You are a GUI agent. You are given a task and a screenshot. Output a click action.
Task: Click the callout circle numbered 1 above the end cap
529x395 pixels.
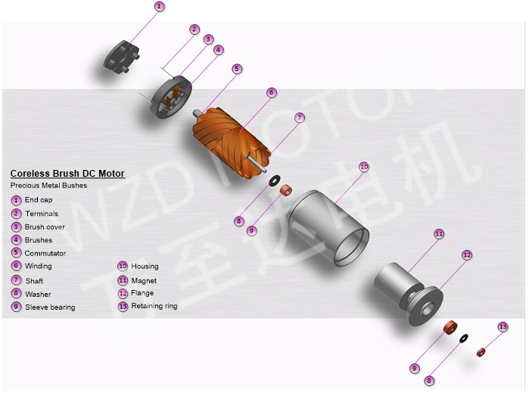coord(159,7)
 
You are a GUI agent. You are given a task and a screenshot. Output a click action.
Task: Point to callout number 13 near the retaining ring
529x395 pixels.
coord(503,326)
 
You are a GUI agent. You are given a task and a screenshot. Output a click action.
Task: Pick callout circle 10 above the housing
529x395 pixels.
coord(364,167)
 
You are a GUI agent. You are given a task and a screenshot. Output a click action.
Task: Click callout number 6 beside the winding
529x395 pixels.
coord(271,92)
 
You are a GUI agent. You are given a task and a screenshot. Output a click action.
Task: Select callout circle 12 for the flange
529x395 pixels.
coord(467,255)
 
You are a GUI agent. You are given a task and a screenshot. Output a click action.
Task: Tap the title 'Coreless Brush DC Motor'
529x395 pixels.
coord(67,174)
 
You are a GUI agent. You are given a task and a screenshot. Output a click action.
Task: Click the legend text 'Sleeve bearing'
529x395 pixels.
coord(50,307)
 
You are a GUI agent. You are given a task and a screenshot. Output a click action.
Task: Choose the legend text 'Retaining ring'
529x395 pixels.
coord(154,306)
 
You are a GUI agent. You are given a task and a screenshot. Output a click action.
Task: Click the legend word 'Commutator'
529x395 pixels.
coord(45,253)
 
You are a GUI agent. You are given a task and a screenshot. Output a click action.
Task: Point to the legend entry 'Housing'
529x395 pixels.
coord(145,266)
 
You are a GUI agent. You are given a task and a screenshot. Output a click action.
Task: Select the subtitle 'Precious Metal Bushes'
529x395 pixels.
coord(48,185)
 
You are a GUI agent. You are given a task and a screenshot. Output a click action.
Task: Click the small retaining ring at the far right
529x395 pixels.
coord(481,352)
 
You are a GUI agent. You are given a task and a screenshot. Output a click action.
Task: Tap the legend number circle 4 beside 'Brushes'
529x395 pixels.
coord(16,240)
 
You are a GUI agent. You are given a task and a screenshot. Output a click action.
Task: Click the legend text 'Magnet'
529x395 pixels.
coord(144,280)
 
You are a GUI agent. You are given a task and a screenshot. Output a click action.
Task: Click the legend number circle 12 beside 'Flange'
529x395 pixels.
coord(123,293)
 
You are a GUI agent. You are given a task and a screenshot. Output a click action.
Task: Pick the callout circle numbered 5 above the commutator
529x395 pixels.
coord(237,69)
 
